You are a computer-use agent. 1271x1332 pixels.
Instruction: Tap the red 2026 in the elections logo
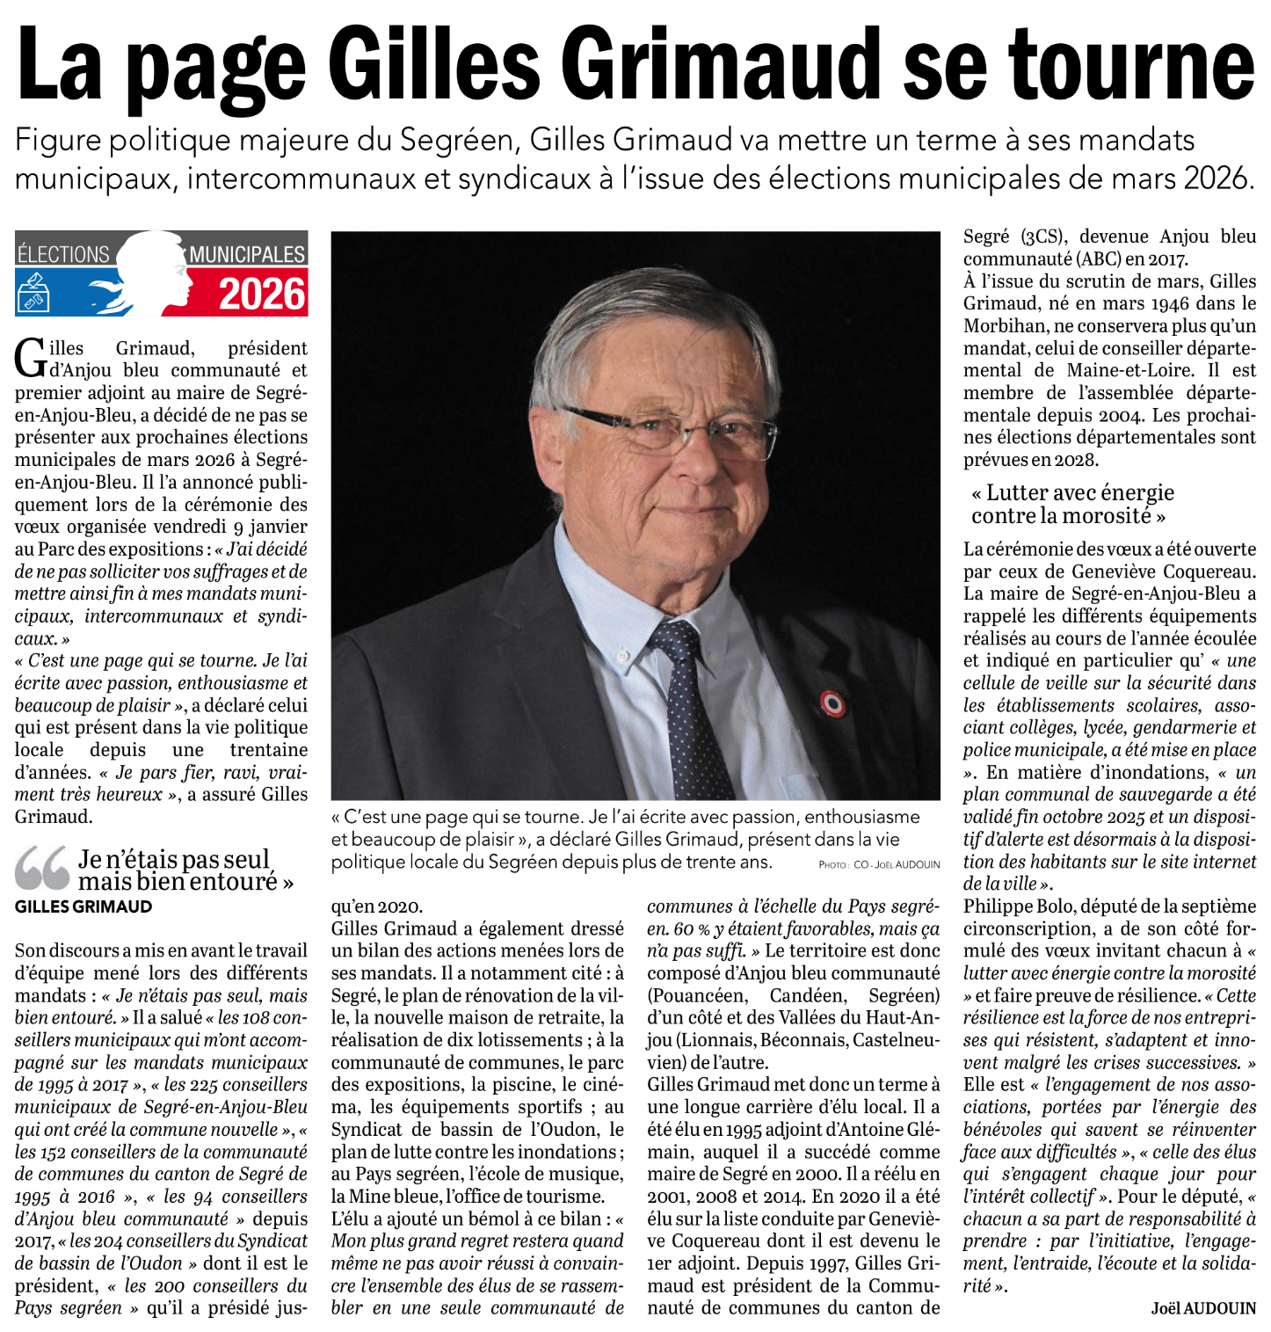click(262, 294)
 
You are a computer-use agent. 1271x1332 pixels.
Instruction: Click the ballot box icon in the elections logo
click(33, 293)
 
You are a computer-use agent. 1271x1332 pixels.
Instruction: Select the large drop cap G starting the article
click(30, 359)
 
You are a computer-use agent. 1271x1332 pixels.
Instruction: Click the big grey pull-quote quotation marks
click(41, 867)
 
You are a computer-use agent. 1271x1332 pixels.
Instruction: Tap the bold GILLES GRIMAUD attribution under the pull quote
click(84, 906)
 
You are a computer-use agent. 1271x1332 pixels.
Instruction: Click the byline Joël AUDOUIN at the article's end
click(1203, 1308)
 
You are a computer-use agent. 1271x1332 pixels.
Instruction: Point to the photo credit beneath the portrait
click(879, 865)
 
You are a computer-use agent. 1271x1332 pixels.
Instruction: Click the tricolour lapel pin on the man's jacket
click(832, 702)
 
